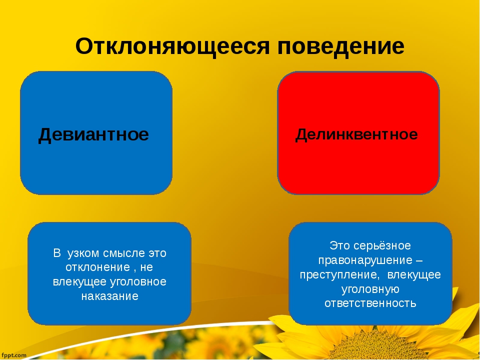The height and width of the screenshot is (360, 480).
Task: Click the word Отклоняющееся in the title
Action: pos(172,46)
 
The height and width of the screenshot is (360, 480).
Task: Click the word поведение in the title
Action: pos(341,46)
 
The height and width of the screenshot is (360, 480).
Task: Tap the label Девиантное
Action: pos(93,134)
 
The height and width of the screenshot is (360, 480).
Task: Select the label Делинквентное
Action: pos(356,134)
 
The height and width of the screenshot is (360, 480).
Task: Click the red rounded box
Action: pos(358,133)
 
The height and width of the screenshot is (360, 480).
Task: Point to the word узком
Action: pos(83,254)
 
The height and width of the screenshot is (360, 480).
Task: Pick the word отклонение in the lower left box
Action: pos(98,267)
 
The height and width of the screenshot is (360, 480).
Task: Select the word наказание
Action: pos(109,296)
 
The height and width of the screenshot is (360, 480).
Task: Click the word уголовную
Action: pos(370,289)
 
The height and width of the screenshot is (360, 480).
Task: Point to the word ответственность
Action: pos(370,303)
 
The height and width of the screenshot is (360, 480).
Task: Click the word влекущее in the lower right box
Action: pos(414,275)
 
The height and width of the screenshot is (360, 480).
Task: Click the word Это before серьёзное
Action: pos(340,246)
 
